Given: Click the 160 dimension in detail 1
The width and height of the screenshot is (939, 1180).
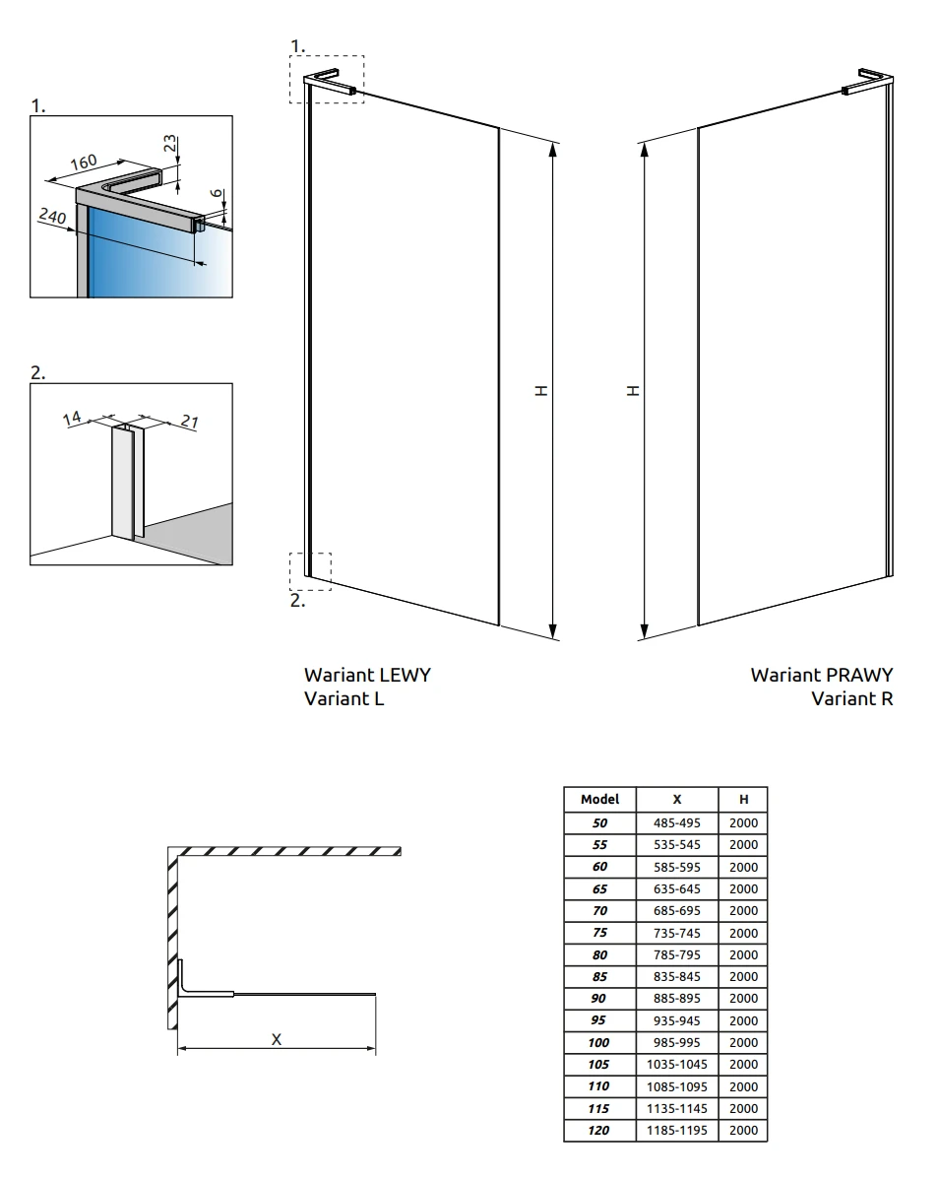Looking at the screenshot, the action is pyautogui.click(x=84, y=162).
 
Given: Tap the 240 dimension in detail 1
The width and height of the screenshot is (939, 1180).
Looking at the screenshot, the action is pyautogui.click(x=52, y=217).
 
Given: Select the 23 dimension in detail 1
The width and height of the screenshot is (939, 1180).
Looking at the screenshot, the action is pyautogui.click(x=170, y=143).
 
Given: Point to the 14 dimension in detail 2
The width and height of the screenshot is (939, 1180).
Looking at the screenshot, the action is pyautogui.click(x=72, y=419).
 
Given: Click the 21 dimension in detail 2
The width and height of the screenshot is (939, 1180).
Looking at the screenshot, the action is pyautogui.click(x=189, y=422).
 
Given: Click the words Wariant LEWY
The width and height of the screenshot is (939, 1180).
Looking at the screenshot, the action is pyautogui.click(x=368, y=675).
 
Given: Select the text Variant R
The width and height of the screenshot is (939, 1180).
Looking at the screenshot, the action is pyautogui.click(x=852, y=698).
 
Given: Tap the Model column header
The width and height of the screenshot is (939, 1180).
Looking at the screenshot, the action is pyautogui.click(x=600, y=799).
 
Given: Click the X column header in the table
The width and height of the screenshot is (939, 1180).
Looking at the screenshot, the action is pyautogui.click(x=676, y=799).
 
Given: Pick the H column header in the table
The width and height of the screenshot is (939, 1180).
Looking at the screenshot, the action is pyautogui.click(x=743, y=799).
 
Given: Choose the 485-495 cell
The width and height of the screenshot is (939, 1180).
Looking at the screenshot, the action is pyautogui.click(x=676, y=822).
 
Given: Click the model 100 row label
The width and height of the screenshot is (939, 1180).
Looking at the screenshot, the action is pyautogui.click(x=599, y=1042).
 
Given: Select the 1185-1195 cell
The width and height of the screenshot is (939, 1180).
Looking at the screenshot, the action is pyautogui.click(x=676, y=1130).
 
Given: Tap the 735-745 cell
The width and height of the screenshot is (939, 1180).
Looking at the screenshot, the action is pyautogui.click(x=676, y=933).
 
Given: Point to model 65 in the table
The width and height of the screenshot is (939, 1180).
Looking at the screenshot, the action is pyautogui.click(x=599, y=888).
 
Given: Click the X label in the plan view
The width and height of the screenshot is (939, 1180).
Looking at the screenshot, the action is pyautogui.click(x=276, y=1039).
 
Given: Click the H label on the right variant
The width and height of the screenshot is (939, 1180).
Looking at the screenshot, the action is pyautogui.click(x=633, y=391).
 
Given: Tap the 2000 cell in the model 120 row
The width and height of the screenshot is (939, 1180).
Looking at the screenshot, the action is pyautogui.click(x=743, y=1130).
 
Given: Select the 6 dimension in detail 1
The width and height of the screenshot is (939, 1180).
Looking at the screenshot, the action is pyautogui.click(x=217, y=193).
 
